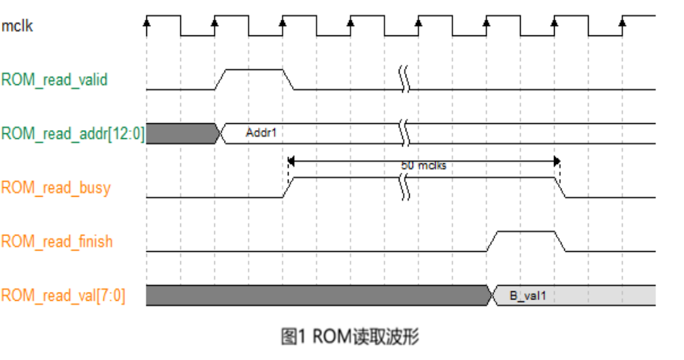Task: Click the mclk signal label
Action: point(17,26)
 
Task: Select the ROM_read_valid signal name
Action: point(54,80)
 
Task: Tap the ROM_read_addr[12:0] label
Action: point(72,133)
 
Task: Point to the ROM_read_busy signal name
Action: point(56,188)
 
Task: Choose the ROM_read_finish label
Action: point(56,242)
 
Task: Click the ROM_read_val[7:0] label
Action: point(63,295)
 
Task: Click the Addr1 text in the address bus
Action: point(261,133)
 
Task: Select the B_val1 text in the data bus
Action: point(528,296)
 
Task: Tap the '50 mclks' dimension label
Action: point(423,165)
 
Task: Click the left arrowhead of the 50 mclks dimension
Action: point(291,161)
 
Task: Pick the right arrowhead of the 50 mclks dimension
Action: point(557,161)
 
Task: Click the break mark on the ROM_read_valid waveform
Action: point(405,79)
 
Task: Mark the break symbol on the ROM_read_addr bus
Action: point(405,133)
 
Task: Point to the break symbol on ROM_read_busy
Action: point(405,186)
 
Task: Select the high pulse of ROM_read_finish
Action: point(526,231)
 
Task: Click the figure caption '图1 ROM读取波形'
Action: point(350,336)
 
